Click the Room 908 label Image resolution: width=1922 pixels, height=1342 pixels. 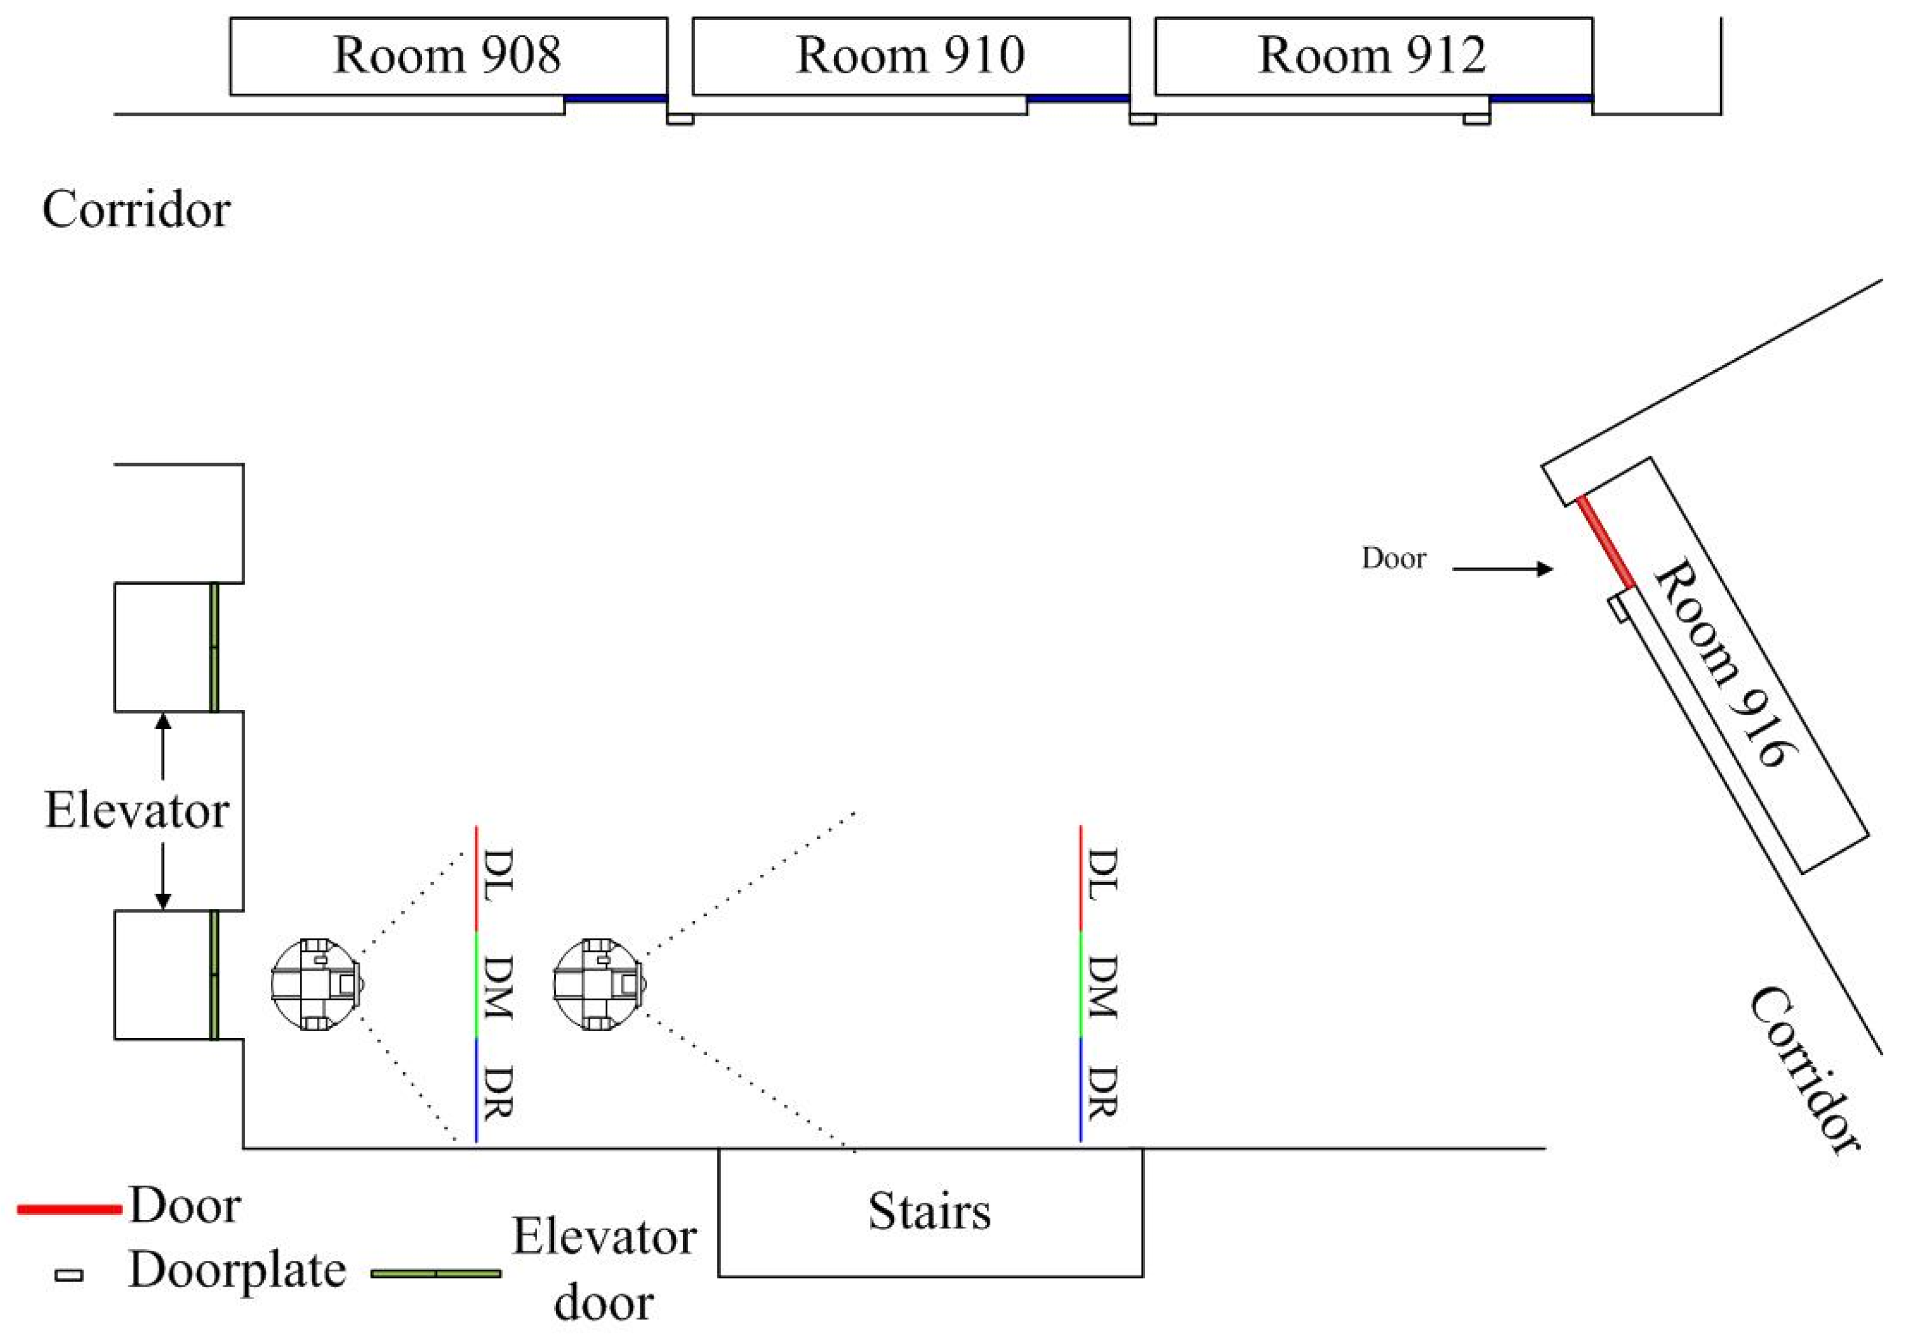tap(447, 55)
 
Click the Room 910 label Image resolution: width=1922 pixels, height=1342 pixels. tap(910, 55)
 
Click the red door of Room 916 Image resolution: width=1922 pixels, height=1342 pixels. tap(1606, 542)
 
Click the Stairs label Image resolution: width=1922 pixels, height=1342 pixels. tap(929, 1211)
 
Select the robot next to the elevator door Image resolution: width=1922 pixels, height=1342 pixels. tap(316, 984)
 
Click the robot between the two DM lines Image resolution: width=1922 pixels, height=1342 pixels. tap(599, 984)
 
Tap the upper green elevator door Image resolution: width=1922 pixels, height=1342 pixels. tap(214, 647)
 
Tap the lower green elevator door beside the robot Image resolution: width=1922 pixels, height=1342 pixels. tap(214, 975)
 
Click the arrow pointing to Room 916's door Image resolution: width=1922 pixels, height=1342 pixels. tap(1502, 569)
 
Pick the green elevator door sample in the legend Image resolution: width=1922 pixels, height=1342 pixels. tap(435, 1274)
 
